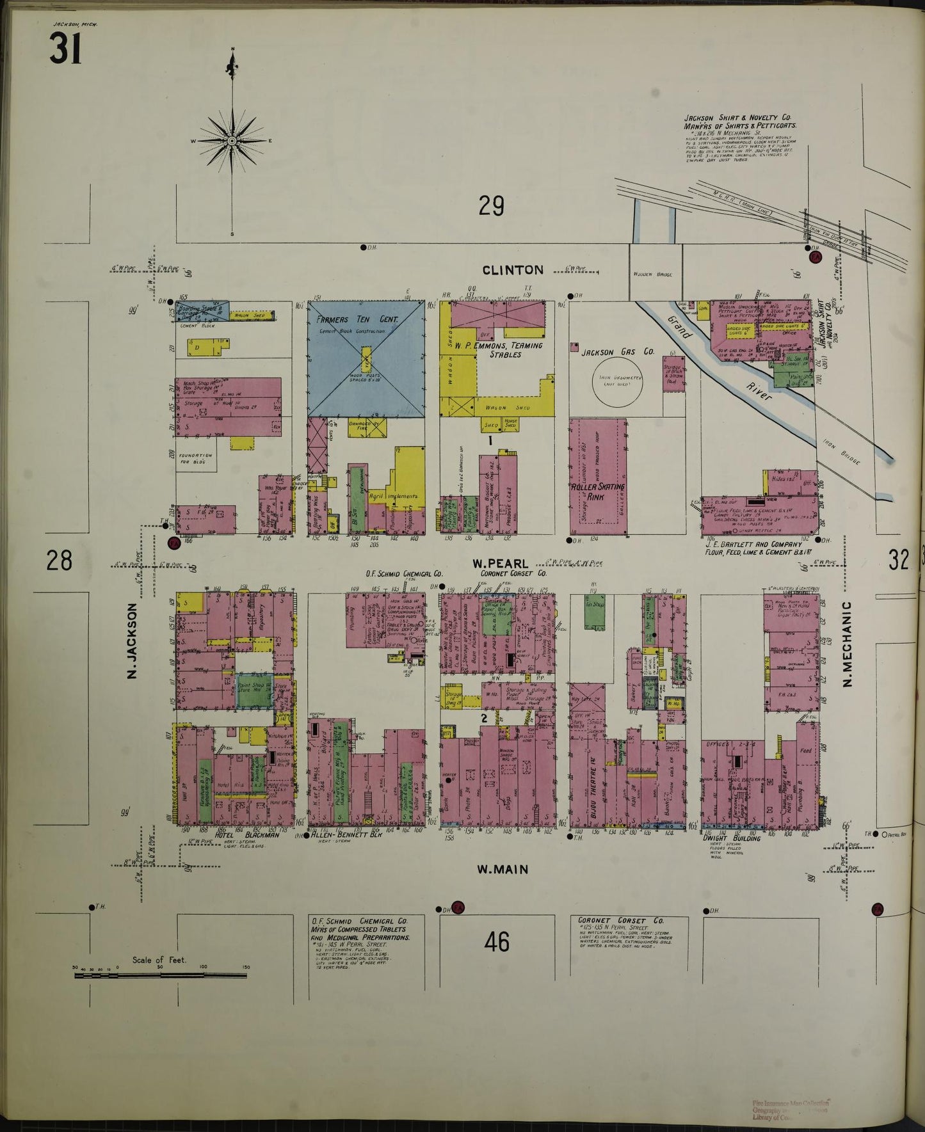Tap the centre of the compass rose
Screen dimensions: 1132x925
coord(232,140)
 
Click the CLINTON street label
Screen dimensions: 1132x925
coord(513,270)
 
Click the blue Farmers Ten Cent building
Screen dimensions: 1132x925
coord(366,358)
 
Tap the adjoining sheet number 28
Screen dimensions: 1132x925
coord(59,561)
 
